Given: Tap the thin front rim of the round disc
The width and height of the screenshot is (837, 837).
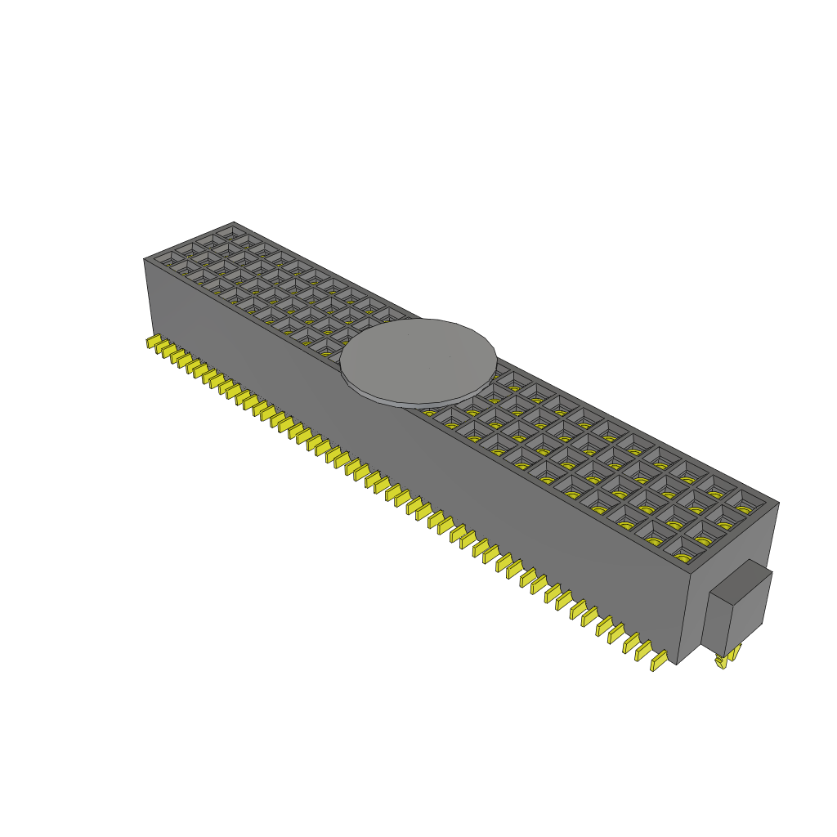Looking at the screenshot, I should [409, 403].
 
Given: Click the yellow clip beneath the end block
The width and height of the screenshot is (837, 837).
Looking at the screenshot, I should [726, 660].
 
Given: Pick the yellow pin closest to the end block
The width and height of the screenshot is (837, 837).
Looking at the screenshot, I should [657, 660].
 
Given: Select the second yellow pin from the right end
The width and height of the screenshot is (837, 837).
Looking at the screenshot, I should [642, 650].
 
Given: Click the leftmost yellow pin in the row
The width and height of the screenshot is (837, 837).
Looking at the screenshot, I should [152, 342].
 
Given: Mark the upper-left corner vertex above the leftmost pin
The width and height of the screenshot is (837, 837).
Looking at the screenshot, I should [144, 259].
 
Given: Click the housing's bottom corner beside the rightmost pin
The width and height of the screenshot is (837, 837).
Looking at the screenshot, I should [678, 663].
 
